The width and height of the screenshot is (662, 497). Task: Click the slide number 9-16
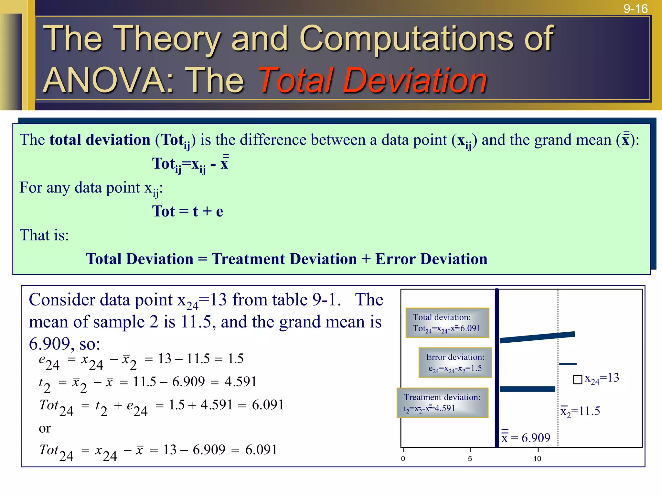(x=635, y=9)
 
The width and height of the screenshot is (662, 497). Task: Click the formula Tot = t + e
(x=187, y=211)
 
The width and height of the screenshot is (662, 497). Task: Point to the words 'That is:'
(x=44, y=235)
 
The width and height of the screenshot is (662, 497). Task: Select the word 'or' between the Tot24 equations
(x=45, y=428)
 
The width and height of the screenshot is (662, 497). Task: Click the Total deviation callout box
(x=447, y=323)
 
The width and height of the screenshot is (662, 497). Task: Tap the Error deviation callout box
(x=455, y=362)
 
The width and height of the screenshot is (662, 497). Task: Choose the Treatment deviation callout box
(x=442, y=403)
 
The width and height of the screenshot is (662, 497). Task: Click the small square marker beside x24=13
(x=577, y=380)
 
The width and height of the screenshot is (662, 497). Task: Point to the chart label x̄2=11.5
(x=580, y=411)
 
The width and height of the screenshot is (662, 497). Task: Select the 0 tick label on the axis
(x=403, y=458)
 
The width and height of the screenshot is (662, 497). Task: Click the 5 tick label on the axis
(x=470, y=458)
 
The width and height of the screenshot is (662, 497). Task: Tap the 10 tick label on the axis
(x=537, y=458)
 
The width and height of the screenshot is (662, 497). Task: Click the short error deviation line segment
(x=568, y=364)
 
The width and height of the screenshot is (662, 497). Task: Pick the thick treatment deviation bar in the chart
(x=527, y=389)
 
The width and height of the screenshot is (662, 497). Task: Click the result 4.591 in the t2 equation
(x=240, y=382)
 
